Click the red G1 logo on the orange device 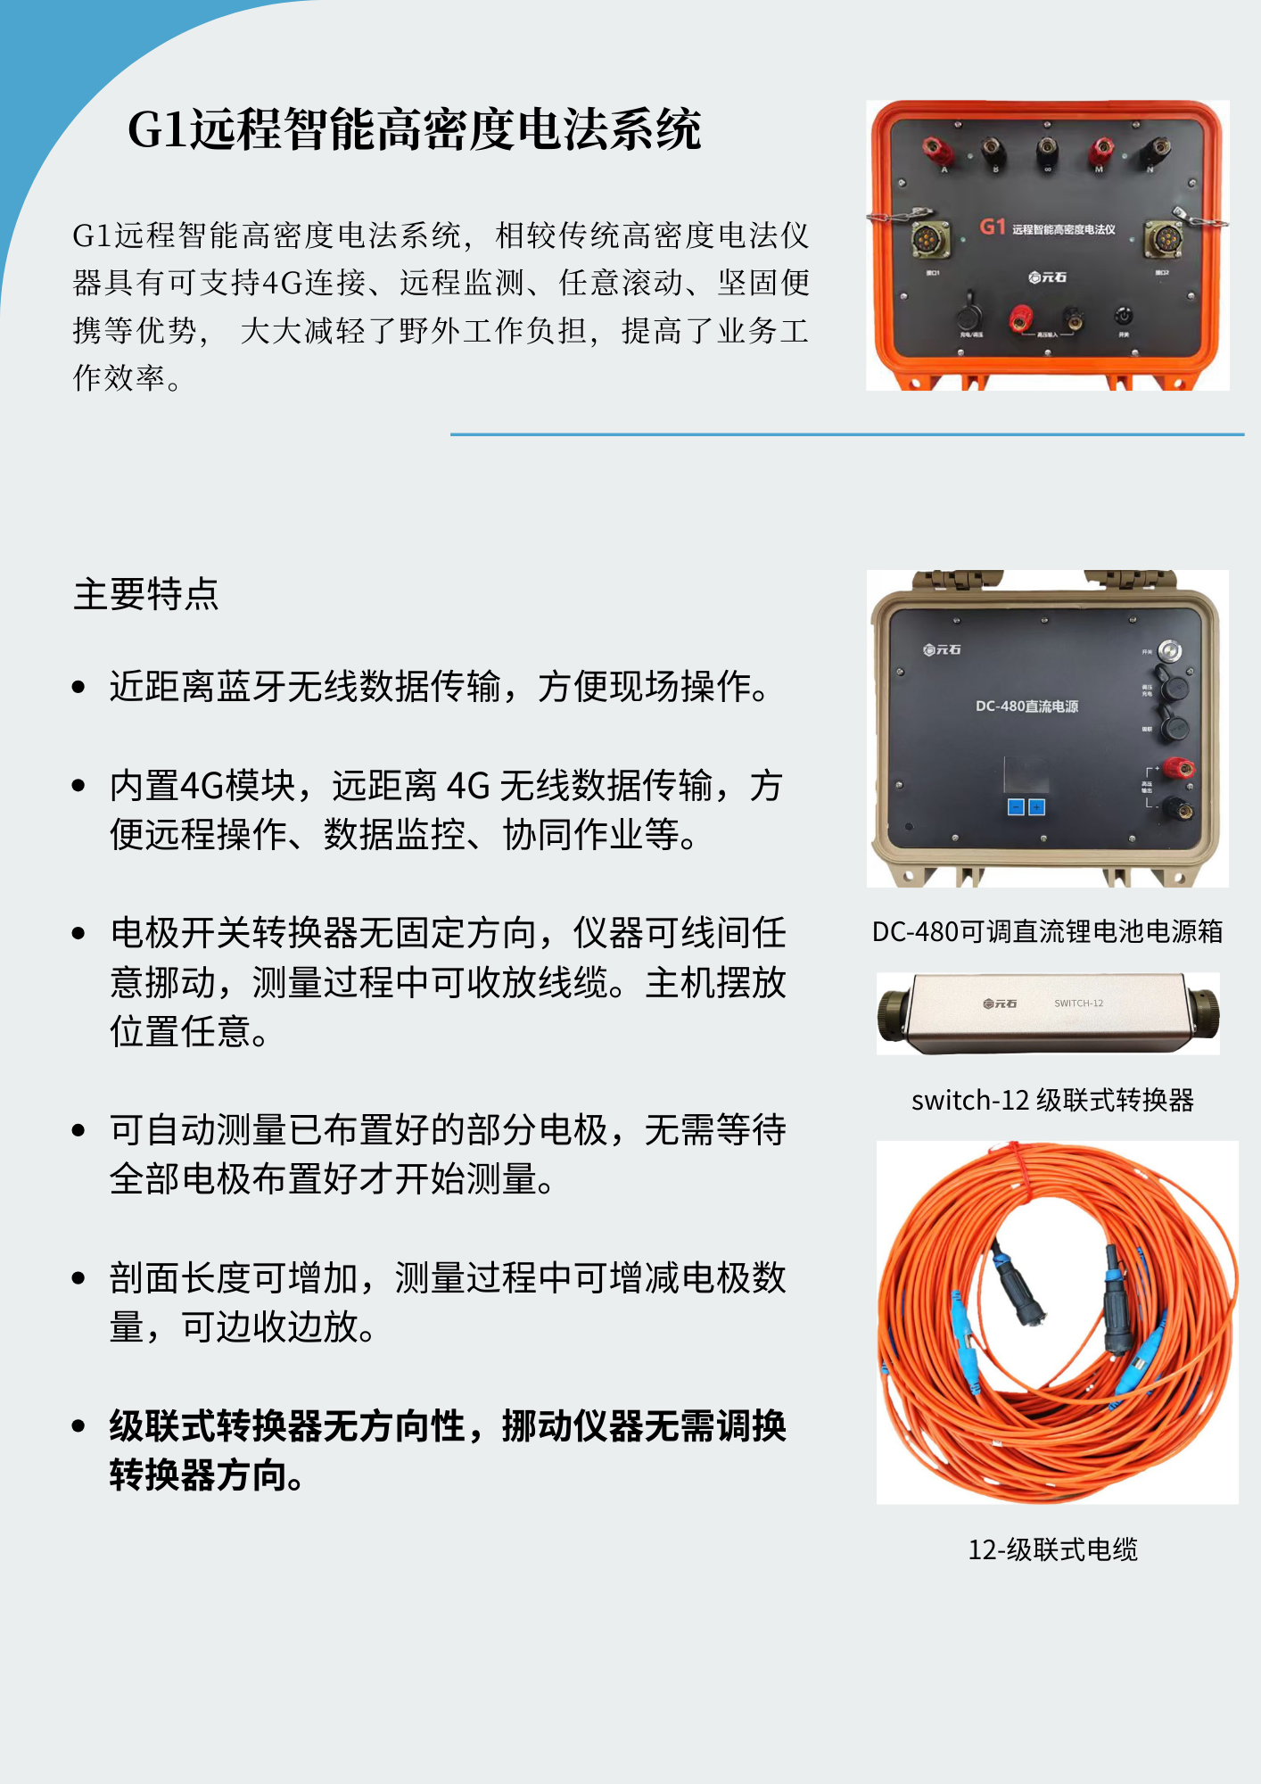coord(993,227)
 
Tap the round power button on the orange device coord(1124,317)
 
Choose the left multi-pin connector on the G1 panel coord(930,240)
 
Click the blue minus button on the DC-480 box coord(1015,807)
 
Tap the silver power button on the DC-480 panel coord(1170,651)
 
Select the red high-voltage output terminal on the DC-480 coord(1177,768)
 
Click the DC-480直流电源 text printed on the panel coord(1026,706)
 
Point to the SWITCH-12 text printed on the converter coord(1078,1003)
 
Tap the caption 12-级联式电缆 coord(1052,1549)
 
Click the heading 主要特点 coord(146,594)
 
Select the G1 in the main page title coord(158,130)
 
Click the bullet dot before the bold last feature coord(78,1426)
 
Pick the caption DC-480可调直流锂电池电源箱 coord(1047,931)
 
